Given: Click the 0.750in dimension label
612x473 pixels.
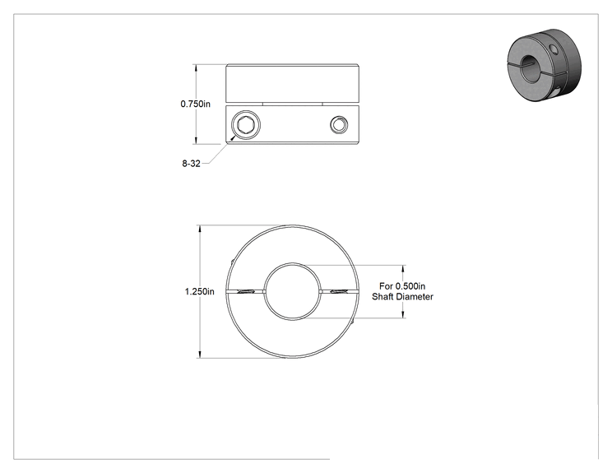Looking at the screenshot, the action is [x=195, y=104].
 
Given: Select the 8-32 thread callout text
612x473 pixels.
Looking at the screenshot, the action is [x=191, y=164].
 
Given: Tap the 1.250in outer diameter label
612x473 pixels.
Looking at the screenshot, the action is [x=199, y=291].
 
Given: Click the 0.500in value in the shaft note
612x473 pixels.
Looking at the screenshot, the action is [x=410, y=286].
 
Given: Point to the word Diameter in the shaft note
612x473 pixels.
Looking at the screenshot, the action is [x=418, y=297].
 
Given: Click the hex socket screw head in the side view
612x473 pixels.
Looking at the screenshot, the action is [x=246, y=125].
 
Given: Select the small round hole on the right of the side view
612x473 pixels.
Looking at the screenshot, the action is [x=339, y=125].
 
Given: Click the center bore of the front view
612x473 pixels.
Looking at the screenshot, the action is [x=292, y=290].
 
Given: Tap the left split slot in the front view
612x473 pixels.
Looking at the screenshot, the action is [x=245, y=291].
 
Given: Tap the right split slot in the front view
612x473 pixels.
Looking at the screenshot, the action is [x=339, y=291].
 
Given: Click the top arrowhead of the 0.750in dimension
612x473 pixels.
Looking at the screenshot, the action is [x=196, y=68].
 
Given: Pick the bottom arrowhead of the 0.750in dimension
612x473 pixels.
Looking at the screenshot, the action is [x=196, y=140].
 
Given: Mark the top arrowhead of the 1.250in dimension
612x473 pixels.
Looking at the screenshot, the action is [x=200, y=229].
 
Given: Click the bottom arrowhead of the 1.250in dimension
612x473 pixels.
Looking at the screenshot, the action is [x=200, y=354].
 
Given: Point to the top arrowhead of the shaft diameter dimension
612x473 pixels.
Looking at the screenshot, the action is [x=403, y=269].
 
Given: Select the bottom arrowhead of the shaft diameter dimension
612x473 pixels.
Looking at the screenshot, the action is [x=403, y=313].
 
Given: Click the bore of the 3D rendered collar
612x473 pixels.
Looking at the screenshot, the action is [x=530, y=69].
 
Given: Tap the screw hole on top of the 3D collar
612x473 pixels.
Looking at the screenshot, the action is [x=553, y=49].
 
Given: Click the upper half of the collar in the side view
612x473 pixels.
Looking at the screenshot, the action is [x=292, y=84].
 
